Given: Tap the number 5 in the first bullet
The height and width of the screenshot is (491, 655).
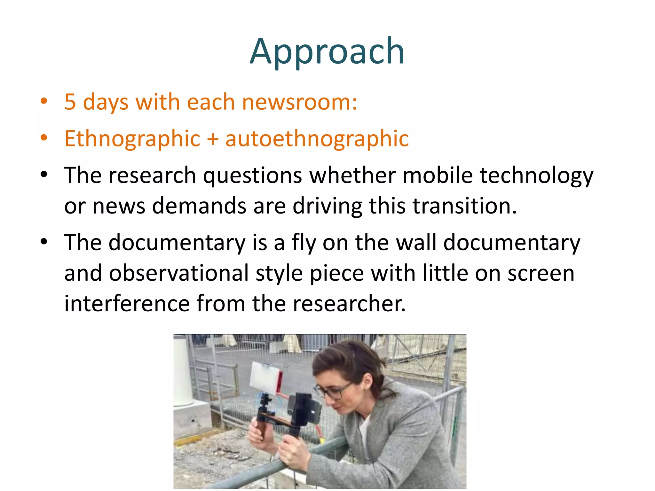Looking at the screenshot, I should tap(70, 102).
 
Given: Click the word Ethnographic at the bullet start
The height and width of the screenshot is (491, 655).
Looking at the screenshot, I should tap(132, 139).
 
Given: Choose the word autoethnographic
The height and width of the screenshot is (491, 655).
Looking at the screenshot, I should tap(317, 139).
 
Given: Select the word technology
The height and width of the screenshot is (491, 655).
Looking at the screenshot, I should tap(536, 176).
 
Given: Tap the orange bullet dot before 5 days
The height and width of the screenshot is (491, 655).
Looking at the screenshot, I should tap(44, 101).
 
